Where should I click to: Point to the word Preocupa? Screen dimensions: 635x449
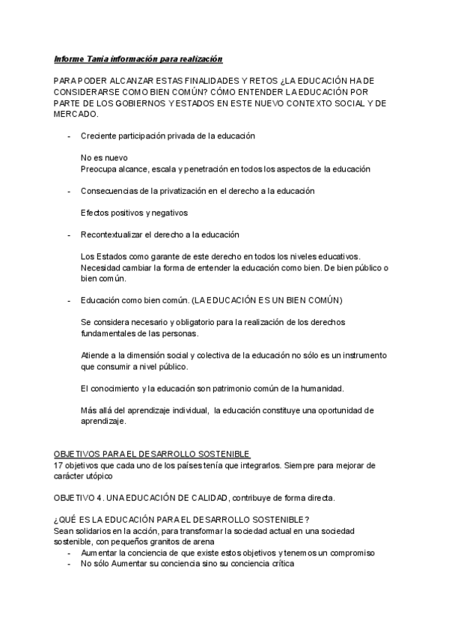[98, 169]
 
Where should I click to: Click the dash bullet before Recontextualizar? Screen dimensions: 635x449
[69, 235]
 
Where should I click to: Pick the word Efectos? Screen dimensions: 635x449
[95, 213]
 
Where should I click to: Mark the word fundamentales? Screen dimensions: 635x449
[110, 333]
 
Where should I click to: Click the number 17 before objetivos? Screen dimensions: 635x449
[58, 465]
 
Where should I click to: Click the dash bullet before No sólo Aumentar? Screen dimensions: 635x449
[69, 563]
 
